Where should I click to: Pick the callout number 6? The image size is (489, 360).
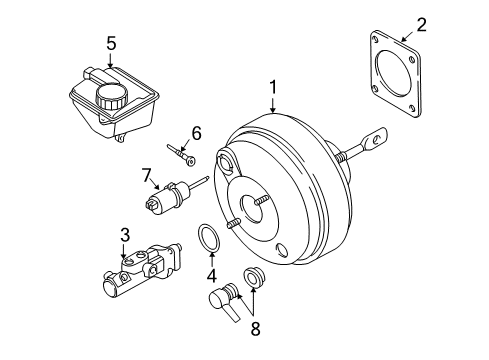pos(197,131)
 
